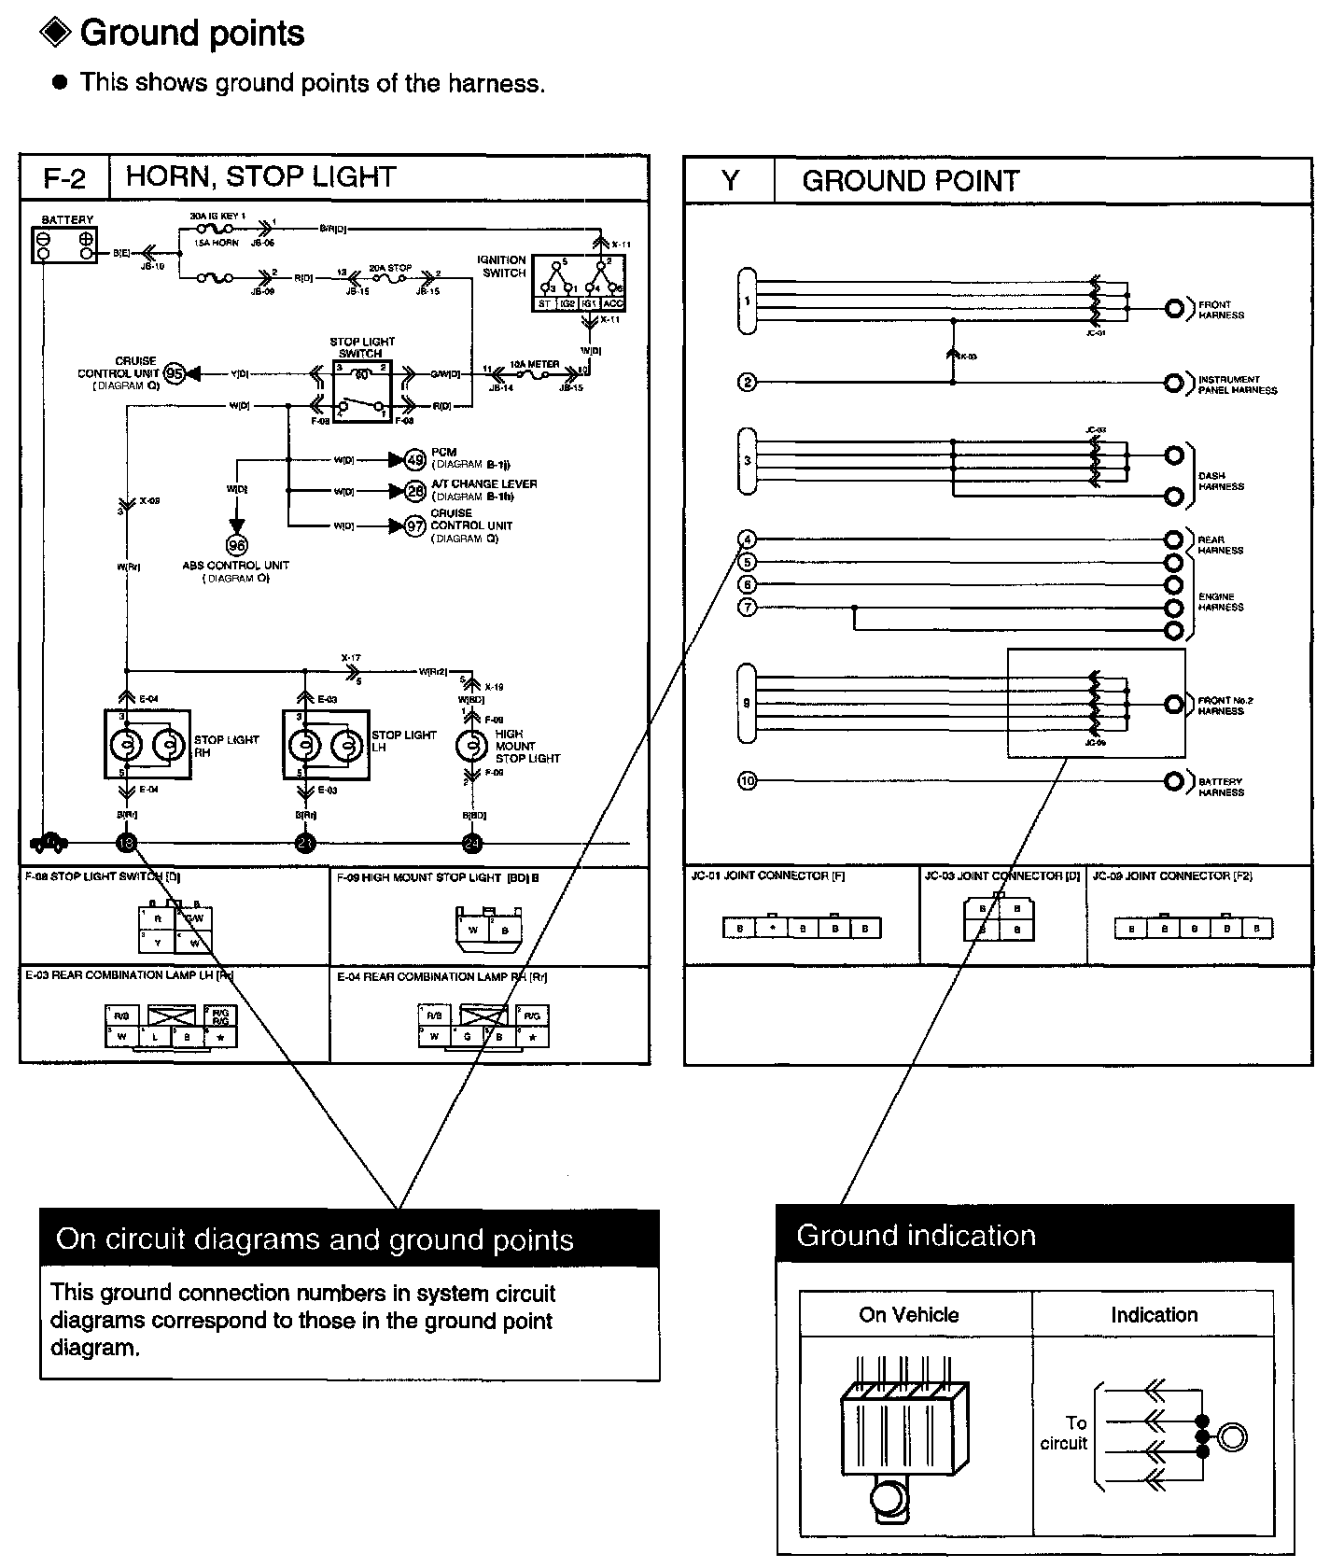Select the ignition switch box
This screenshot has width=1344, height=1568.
click(579, 284)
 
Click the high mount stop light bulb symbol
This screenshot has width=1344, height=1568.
click(472, 746)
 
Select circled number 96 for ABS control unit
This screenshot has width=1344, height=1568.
click(236, 545)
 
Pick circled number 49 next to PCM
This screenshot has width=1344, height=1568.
click(414, 459)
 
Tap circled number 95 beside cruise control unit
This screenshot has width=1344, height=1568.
click(175, 373)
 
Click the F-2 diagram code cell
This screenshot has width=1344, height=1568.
click(64, 178)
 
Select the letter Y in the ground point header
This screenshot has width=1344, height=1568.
click(730, 181)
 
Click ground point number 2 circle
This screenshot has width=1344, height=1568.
click(747, 382)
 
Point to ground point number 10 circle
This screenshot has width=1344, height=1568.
click(747, 781)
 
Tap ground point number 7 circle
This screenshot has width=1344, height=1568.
click(747, 608)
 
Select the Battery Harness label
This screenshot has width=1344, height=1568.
click(1221, 787)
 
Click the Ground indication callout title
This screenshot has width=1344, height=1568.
click(916, 1236)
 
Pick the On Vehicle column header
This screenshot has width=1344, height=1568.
click(909, 1315)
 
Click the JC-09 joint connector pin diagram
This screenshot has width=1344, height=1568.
click(1194, 929)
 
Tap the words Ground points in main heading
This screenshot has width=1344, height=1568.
click(192, 34)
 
